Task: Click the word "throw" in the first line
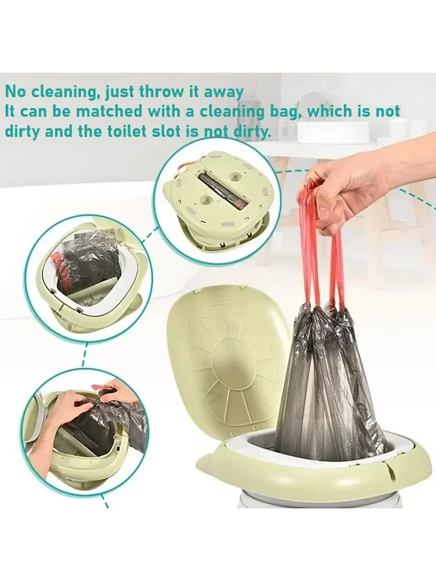[x=158, y=92]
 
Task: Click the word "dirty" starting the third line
[x=22, y=131]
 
